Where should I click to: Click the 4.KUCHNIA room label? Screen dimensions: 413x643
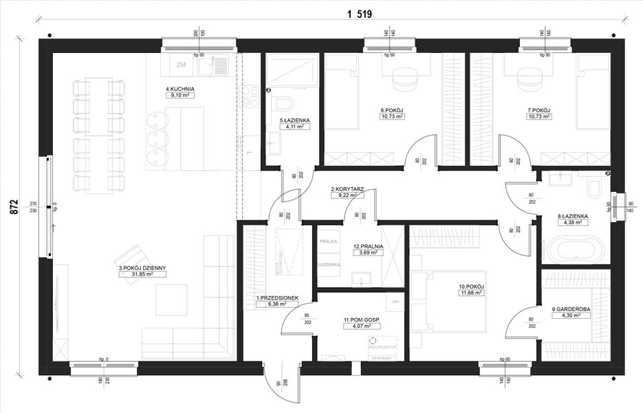(180, 89)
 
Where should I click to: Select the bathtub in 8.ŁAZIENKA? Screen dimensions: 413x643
(575, 248)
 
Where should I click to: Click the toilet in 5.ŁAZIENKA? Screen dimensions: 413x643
(282, 104)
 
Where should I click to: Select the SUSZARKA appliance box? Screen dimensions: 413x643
(328, 264)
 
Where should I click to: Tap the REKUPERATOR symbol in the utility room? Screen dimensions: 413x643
(373, 341)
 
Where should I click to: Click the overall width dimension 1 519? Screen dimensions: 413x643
(359, 14)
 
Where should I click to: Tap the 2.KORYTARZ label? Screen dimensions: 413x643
(347, 188)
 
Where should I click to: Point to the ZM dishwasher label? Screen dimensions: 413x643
(181, 65)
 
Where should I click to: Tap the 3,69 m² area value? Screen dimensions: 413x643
(368, 253)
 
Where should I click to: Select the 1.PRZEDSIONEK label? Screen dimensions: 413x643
(276, 297)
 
